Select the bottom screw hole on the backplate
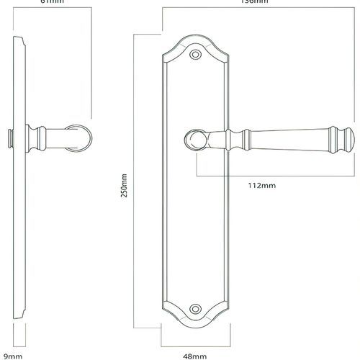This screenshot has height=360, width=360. click(194, 308)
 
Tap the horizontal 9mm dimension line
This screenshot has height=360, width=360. click(20, 344)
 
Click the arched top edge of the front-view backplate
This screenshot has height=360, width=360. click(194, 37)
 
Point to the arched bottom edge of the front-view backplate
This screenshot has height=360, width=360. click(194, 325)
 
